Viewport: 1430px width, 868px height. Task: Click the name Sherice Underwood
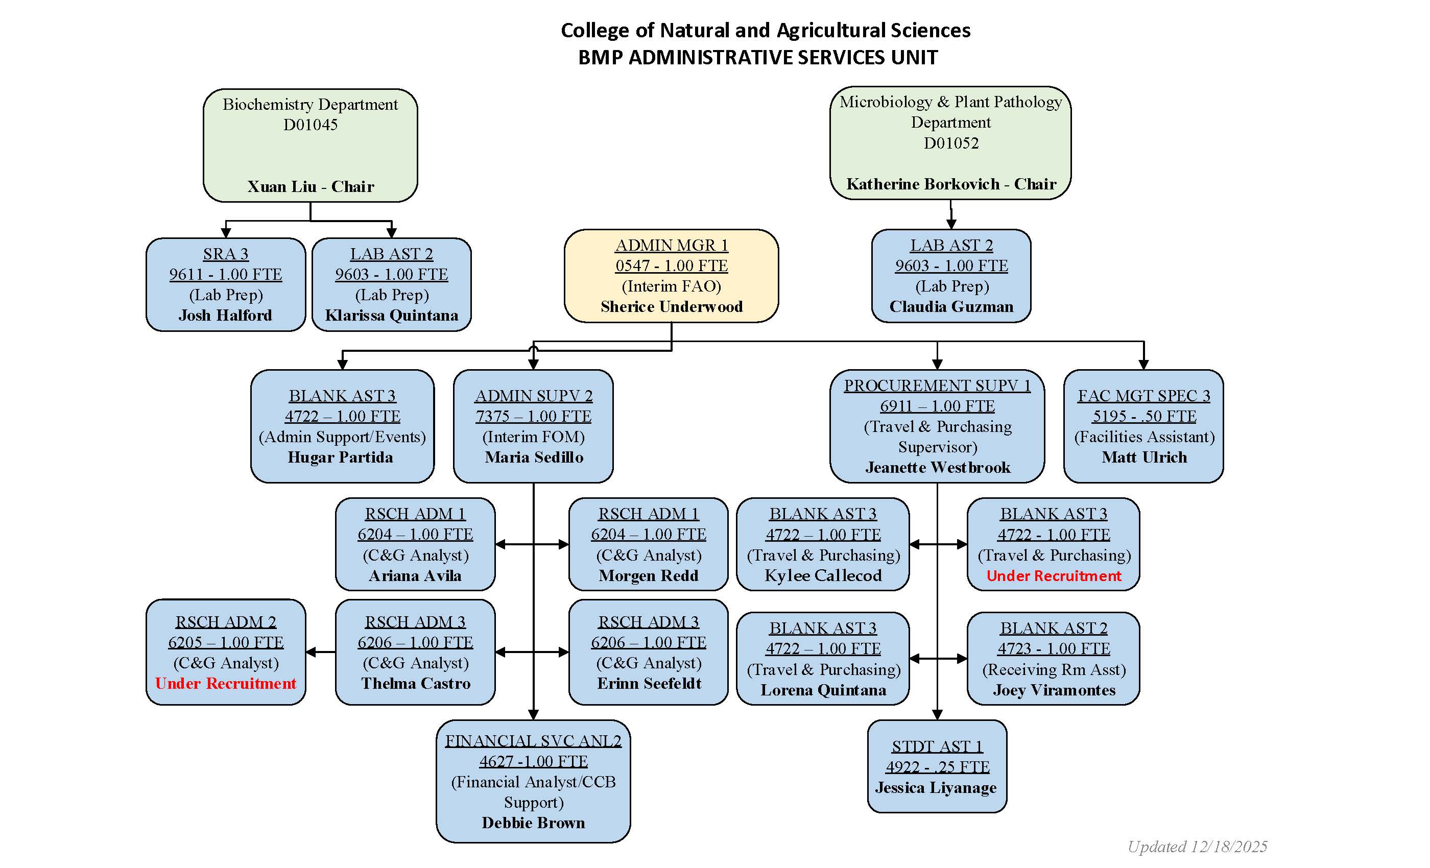tap(672, 306)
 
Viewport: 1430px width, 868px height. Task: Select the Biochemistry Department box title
tap(310, 105)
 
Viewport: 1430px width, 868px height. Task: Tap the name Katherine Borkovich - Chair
tap(950, 184)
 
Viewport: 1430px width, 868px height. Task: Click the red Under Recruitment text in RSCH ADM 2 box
tap(225, 684)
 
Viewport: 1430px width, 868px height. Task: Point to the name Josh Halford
tap(225, 315)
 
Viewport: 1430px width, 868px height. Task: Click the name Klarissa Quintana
tap(391, 315)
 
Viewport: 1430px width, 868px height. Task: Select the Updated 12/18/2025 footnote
tap(1197, 847)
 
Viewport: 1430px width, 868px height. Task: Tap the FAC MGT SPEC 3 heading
tap(1143, 396)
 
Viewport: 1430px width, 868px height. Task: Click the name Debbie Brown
tap(533, 823)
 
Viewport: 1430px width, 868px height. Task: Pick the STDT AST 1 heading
tap(937, 746)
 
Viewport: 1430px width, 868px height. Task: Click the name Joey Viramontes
tap(1053, 690)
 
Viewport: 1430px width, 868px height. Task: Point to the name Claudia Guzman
tap(950, 306)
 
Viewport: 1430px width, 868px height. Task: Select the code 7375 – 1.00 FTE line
tap(533, 416)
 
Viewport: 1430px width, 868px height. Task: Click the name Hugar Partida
tap(340, 457)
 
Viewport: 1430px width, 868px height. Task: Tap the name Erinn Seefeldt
tap(648, 684)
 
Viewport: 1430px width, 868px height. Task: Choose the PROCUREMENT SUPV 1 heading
tap(937, 385)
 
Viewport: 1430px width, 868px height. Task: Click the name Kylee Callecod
tap(822, 575)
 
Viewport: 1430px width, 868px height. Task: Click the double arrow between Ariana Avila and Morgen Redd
tap(532, 544)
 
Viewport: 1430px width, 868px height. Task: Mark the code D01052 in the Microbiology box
tap(950, 143)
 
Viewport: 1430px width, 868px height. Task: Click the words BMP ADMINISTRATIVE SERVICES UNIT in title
tap(757, 57)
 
